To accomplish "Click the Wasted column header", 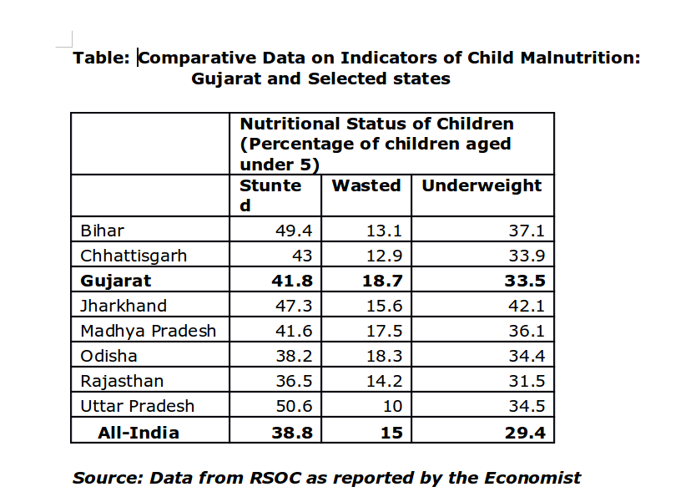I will (366, 185).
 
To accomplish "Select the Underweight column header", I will (482, 185).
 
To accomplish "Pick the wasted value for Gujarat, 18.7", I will (382, 281).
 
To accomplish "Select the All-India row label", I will (139, 432).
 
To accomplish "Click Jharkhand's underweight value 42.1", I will (527, 306).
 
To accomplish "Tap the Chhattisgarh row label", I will (134, 256).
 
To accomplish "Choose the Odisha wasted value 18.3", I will (384, 357).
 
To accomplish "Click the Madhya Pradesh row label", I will (148, 331).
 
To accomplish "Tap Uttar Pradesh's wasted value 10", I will (391, 407).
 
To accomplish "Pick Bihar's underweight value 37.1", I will (527, 231).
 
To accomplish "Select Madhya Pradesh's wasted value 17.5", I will (384, 331).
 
